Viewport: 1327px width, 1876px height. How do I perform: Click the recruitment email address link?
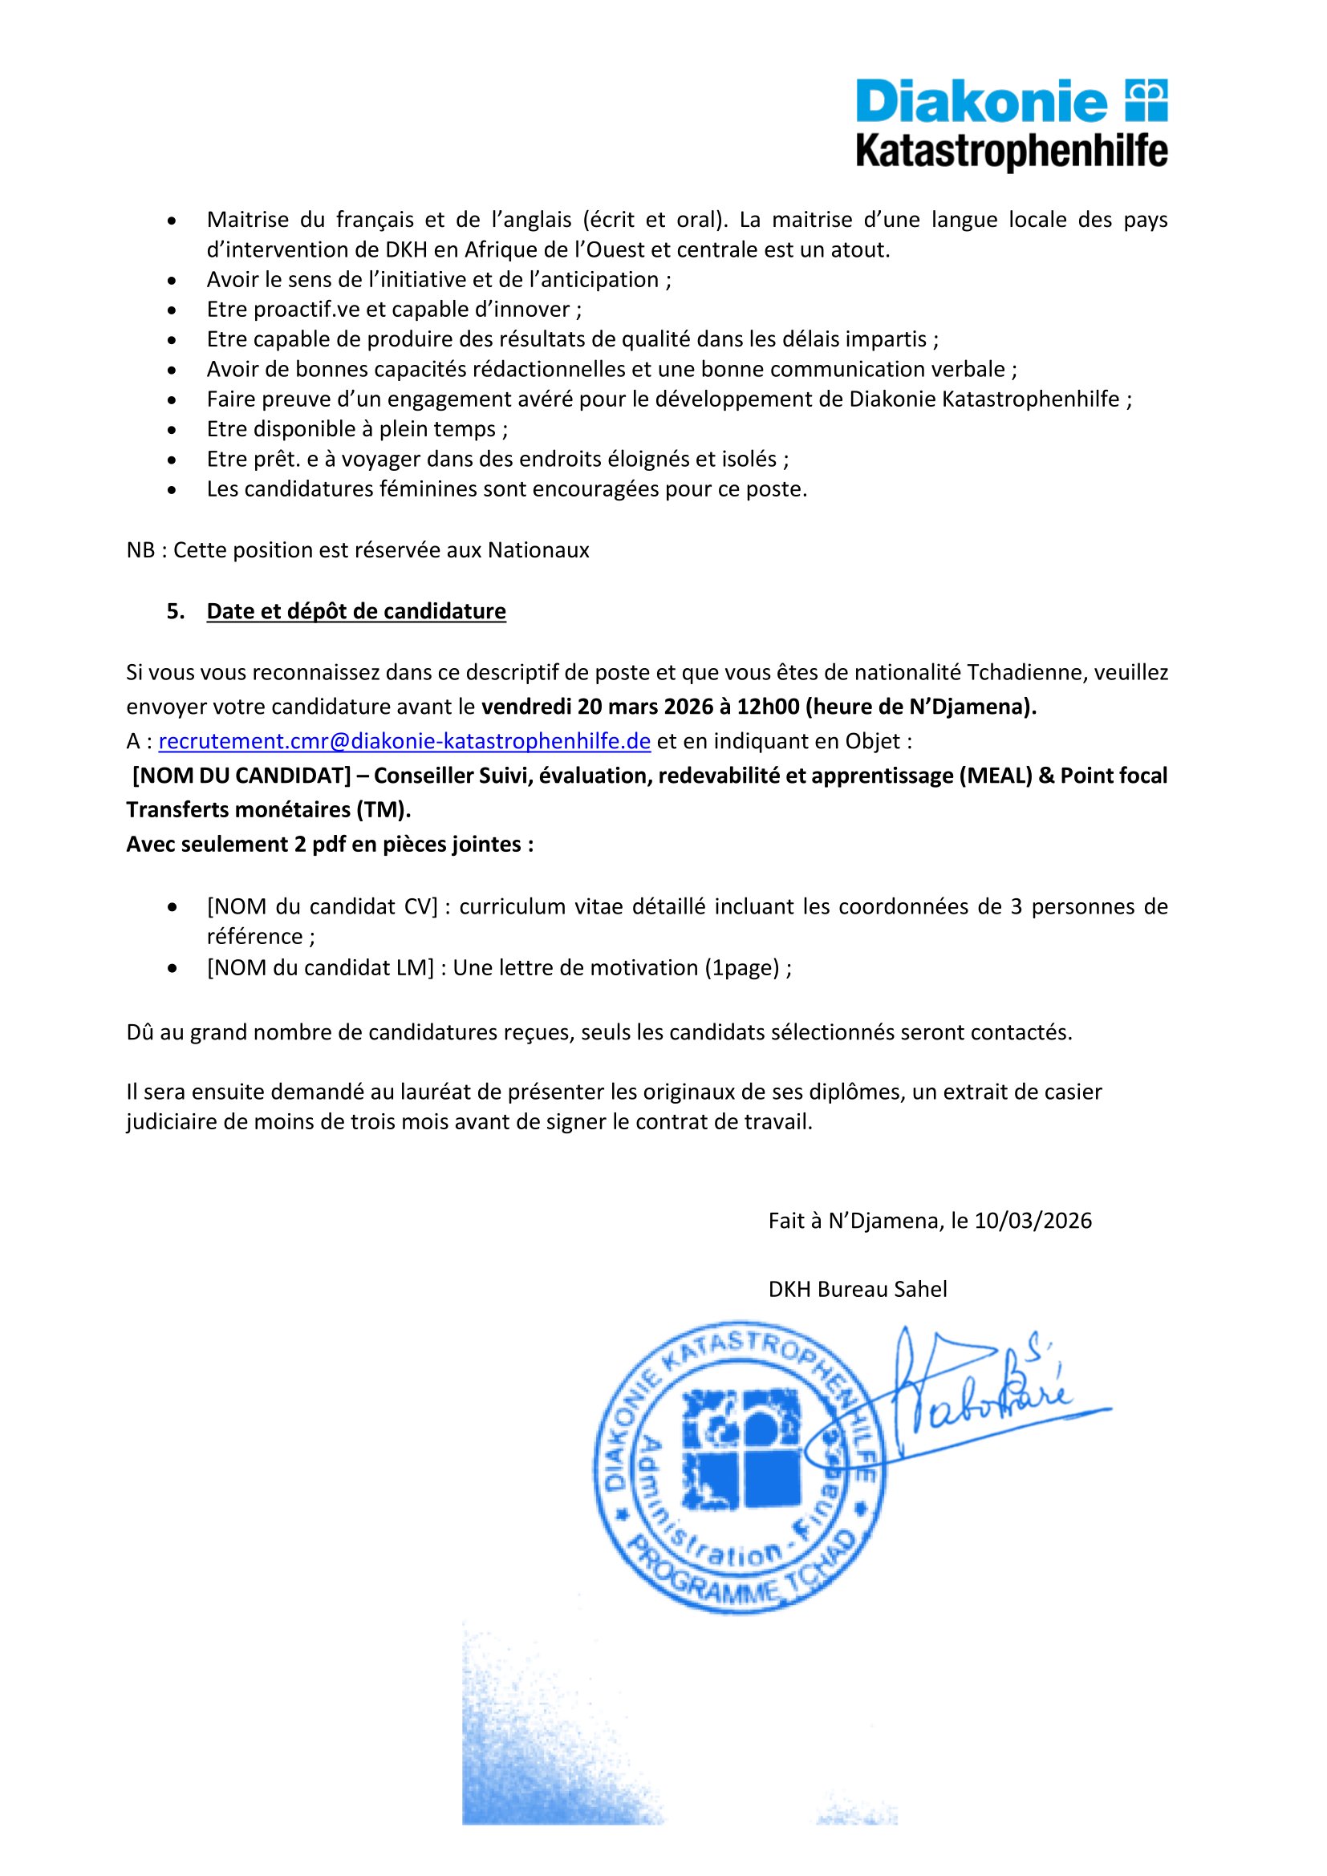tap(404, 741)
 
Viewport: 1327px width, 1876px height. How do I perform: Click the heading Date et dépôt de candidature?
tap(355, 611)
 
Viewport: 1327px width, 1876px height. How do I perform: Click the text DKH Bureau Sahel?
tap(857, 1290)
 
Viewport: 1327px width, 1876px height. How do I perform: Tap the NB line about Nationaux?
tap(357, 550)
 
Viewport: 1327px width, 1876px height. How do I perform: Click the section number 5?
tap(175, 611)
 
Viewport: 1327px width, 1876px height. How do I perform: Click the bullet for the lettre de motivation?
tap(172, 968)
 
